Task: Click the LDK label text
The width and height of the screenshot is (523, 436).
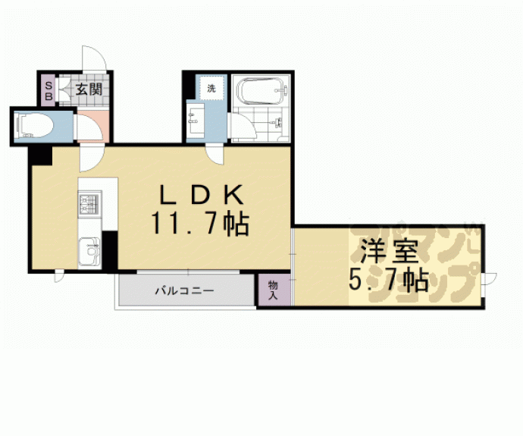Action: pyautogui.click(x=202, y=196)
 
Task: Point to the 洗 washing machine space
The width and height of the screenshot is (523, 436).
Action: pyautogui.click(x=211, y=89)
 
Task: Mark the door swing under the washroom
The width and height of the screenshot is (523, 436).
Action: pyautogui.click(x=218, y=155)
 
